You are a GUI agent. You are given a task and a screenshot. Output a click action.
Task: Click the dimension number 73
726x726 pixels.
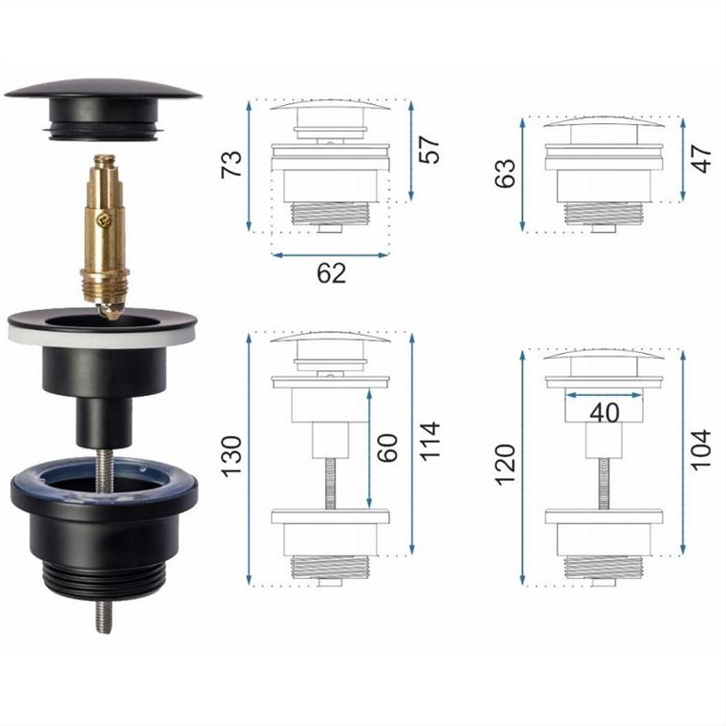(x=232, y=164)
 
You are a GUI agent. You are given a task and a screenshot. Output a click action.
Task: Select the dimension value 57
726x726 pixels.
(x=428, y=150)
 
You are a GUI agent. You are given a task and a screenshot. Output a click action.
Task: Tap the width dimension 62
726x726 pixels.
(x=331, y=273)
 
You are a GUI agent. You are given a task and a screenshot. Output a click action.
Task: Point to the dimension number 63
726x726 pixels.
(x=505, y=174)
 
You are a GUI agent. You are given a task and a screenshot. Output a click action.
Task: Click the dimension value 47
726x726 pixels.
(x=701, y=158)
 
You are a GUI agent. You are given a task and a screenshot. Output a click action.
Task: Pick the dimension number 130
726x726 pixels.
(x=232, y=457)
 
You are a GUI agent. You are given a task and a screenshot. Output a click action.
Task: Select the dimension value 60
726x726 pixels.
(x=387, y=447)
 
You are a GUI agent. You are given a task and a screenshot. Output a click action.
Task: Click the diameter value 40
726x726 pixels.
(x=604, y=412)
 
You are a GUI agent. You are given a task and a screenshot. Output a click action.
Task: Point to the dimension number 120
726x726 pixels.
(x=505, y=465)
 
